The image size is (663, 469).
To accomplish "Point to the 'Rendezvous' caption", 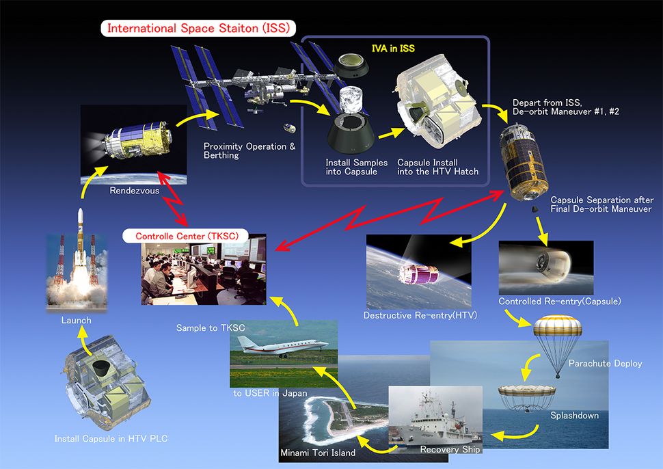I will (135, 191).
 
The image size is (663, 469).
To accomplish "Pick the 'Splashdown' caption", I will (574, 415).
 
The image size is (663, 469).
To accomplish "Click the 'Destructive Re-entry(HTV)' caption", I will (420, 315).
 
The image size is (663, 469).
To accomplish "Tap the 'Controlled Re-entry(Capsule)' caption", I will (550, 301).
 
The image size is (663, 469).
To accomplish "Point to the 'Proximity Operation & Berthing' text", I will (249, 150).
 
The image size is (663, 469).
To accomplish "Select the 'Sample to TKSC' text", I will (210, 329).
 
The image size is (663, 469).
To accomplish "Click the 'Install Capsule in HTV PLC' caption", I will (111, 438).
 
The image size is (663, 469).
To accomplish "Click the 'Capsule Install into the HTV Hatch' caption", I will (437, 166).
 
